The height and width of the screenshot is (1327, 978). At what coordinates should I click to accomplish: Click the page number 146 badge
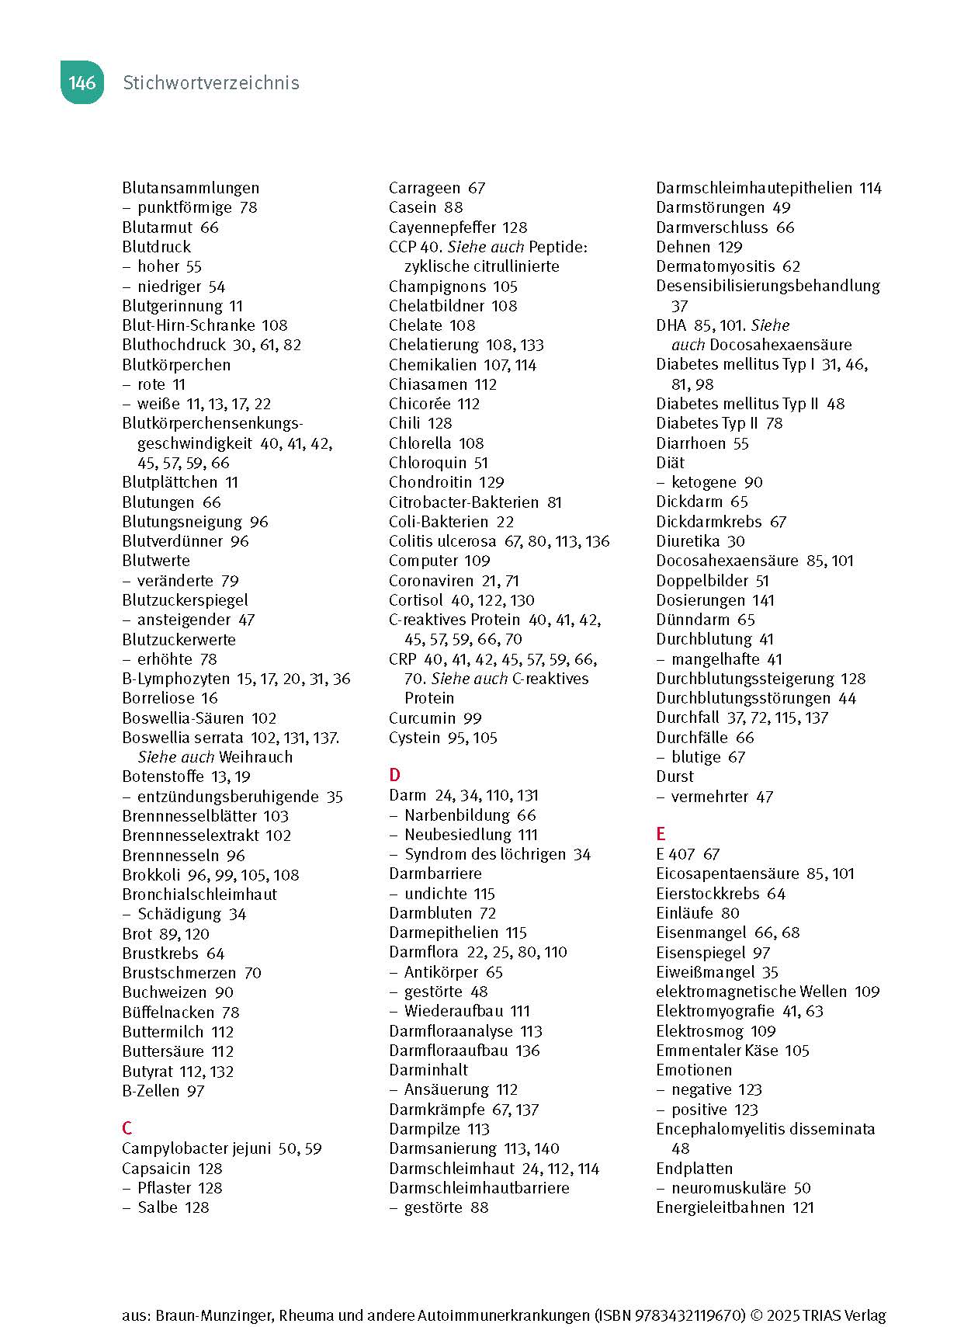pos(81,83)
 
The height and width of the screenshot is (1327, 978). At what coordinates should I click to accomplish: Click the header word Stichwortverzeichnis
pos(211,83)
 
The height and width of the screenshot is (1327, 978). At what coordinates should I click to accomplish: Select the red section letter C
pos(127,1127)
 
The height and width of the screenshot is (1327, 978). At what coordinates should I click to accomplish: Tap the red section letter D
pos(394,774)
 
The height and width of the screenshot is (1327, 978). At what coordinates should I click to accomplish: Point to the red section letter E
pos(661,833)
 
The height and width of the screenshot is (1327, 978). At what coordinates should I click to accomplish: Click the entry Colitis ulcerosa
pos(442,541)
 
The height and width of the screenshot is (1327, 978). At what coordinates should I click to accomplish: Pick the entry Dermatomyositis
pos(716,266)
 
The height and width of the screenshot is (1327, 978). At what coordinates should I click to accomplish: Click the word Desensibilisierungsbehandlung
pos(768,286)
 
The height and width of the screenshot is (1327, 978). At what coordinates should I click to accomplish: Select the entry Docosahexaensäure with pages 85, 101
pos(727,561)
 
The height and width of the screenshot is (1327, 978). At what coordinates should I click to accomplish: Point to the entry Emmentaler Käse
pos(716,1051)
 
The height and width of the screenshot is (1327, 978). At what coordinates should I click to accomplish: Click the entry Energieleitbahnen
pos(721,1207)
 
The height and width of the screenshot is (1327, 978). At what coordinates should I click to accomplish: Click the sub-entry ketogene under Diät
pos(706,482)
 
